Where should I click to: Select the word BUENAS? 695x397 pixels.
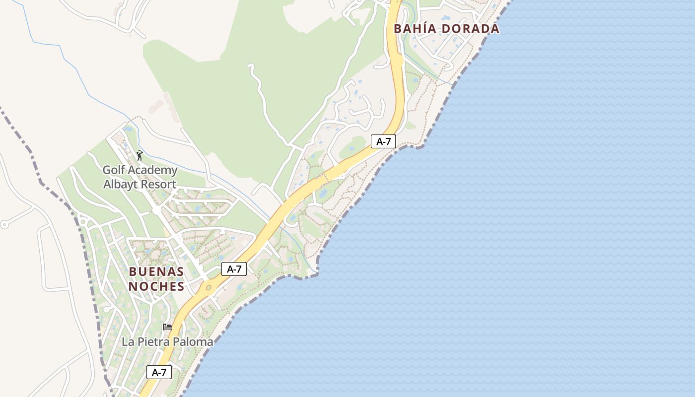point(156,272)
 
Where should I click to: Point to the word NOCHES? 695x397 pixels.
point(156,286)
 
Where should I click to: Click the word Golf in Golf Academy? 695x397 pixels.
point(114,170)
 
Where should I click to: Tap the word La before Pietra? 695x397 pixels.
point(128,342)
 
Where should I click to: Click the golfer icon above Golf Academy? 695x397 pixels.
point(139,155)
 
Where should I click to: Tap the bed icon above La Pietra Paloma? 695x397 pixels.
point(167,327)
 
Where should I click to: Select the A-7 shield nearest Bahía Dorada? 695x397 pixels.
point(383,141)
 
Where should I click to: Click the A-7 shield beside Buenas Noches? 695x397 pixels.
point(234,269)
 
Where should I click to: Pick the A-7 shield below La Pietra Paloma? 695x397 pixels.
point(159,372)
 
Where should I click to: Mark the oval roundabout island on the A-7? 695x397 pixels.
point(208,287)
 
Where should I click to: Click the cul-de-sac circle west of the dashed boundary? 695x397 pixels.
point(5,224)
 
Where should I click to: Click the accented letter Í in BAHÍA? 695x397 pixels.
point(430,28)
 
